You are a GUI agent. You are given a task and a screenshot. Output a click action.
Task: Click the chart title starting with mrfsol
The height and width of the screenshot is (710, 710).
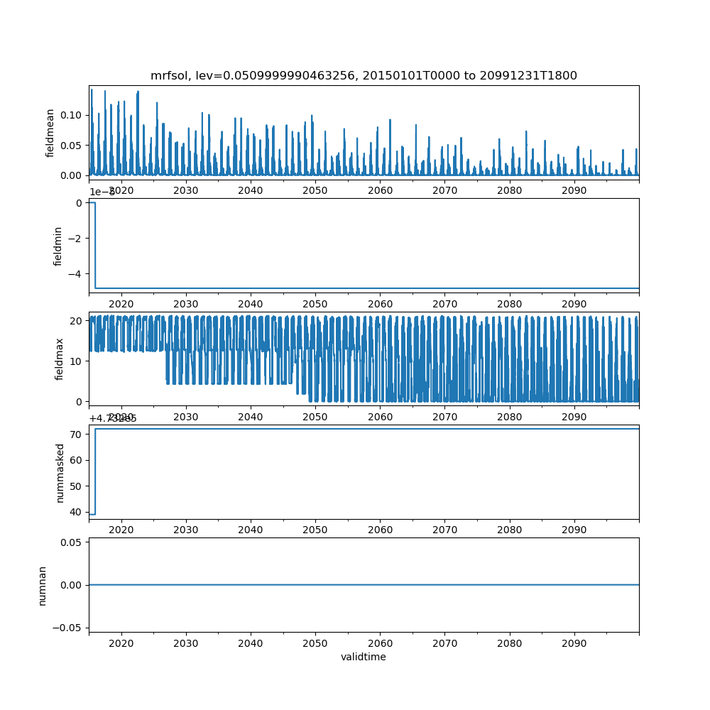point(364,75)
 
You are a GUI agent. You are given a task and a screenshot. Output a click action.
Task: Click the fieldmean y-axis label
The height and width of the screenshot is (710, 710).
point(50,133)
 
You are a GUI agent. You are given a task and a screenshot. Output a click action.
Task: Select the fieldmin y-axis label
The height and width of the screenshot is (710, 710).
point(59,246)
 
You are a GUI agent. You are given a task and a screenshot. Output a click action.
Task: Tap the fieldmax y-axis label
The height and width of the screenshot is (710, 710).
point(60,359)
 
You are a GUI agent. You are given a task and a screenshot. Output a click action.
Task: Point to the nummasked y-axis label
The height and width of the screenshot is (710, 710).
point(60,473)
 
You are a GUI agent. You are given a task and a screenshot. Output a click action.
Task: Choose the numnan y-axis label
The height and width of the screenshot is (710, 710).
point(43,585)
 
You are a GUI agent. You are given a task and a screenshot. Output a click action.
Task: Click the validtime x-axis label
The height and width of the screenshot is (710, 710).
point(364,657)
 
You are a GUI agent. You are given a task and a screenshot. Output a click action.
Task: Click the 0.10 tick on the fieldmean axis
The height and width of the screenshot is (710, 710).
point(71,115)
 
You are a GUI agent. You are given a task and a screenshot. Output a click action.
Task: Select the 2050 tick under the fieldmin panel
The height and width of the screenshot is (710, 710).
point(315,304)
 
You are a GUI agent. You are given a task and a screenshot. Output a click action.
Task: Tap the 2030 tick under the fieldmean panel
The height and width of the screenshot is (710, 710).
point(186,190)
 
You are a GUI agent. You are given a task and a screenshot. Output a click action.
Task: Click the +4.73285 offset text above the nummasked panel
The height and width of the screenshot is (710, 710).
point(113,418)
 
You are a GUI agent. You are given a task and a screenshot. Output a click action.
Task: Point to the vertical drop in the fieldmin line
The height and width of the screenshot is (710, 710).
point(95,246)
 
